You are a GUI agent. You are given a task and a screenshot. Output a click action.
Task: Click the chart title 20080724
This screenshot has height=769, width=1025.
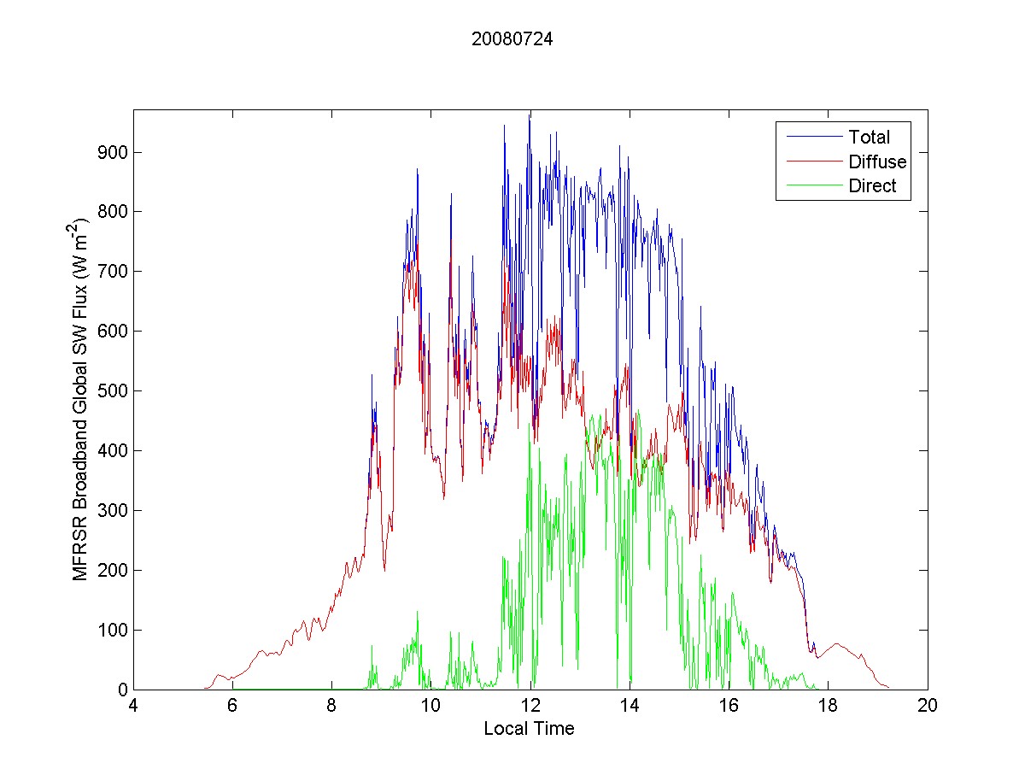(x=512, y=39)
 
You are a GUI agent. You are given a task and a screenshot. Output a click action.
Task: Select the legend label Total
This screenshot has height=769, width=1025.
(x=869, y=137)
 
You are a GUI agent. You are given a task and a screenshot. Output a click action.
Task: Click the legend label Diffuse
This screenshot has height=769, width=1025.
(x=877, y=161)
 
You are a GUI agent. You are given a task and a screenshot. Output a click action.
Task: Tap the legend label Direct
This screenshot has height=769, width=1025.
(x=872, y=186)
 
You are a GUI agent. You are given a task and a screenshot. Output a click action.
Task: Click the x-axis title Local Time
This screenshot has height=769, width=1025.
(x=529, y=729)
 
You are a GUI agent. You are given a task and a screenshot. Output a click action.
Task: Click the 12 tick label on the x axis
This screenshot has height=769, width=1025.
(x=530, y=707)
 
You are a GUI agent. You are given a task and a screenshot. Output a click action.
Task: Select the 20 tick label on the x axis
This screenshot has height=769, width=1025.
(x=928, y=707)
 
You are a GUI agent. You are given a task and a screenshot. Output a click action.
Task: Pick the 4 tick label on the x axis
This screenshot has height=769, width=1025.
(x=133, y=707)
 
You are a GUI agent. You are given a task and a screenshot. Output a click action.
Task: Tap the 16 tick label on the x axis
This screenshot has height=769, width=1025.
(x=729, y=707)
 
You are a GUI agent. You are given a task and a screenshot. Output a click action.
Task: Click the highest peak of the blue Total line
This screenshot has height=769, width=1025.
(x=530, y=116)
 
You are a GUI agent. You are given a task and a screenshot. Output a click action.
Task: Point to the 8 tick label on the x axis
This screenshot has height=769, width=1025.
(x=331, y=707)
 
